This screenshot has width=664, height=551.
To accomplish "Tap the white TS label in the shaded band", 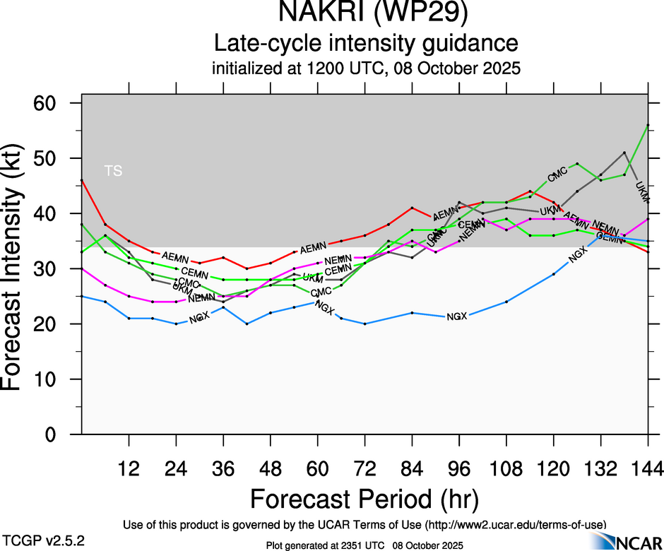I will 113,171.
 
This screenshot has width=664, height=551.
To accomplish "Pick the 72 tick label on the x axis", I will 364,469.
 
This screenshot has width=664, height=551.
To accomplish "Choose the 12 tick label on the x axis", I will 129,469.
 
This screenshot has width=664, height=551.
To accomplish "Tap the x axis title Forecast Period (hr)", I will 364,498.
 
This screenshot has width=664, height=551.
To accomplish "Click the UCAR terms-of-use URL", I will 514,524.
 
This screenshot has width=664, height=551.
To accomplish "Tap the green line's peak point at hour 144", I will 648,125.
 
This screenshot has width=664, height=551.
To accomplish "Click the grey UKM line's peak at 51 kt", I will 624,153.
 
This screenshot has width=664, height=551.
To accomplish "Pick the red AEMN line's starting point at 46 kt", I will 82,180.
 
